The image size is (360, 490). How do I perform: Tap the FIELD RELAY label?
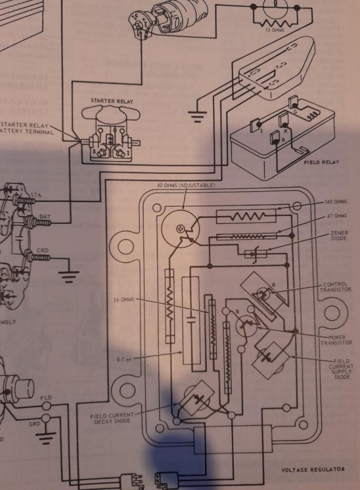tap(322, 162)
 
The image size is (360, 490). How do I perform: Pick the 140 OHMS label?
tap(335, 202)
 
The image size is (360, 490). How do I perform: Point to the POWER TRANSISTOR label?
tap(340, 340)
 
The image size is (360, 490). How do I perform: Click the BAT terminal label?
tap(45, 217)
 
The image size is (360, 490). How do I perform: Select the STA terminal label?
tap(35, 195)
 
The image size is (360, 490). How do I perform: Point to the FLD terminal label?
tap(46, 398)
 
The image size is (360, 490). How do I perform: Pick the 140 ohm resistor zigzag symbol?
tap(246, 216)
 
